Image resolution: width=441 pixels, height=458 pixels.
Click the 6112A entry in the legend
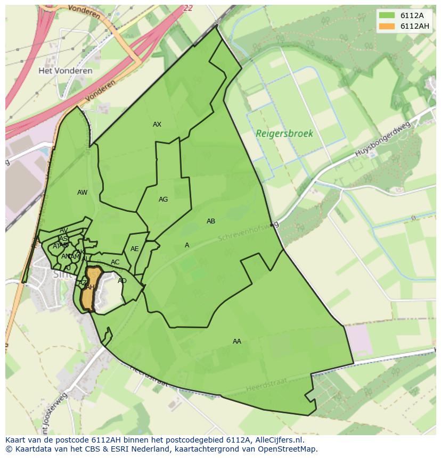click(x=410, y=15)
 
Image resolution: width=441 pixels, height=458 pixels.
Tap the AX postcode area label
click(x=157, y=124)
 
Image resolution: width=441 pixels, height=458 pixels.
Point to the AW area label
click(x=82, y=193)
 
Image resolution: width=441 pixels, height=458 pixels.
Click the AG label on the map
click(x=163, y=199)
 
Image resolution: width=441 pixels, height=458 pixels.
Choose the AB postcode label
click(x=211, y=221)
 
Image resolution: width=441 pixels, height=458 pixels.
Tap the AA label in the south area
click(x=237, y=342)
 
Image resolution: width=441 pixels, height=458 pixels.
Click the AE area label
click(x=135, y=249)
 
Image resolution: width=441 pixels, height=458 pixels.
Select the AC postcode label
click(x=115, y=262)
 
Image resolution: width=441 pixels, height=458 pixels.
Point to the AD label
click(x=122, y=281)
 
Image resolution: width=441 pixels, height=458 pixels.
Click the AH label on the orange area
click(x=91, y=287)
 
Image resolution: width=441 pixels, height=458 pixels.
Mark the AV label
click(x=63, y=231)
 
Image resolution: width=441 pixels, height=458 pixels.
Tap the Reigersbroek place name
click(x=284, y=134)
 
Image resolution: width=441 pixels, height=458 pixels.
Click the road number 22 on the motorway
click(x=187, y=8)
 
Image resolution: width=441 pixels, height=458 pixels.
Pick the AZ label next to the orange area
click(x=83, y=282)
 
